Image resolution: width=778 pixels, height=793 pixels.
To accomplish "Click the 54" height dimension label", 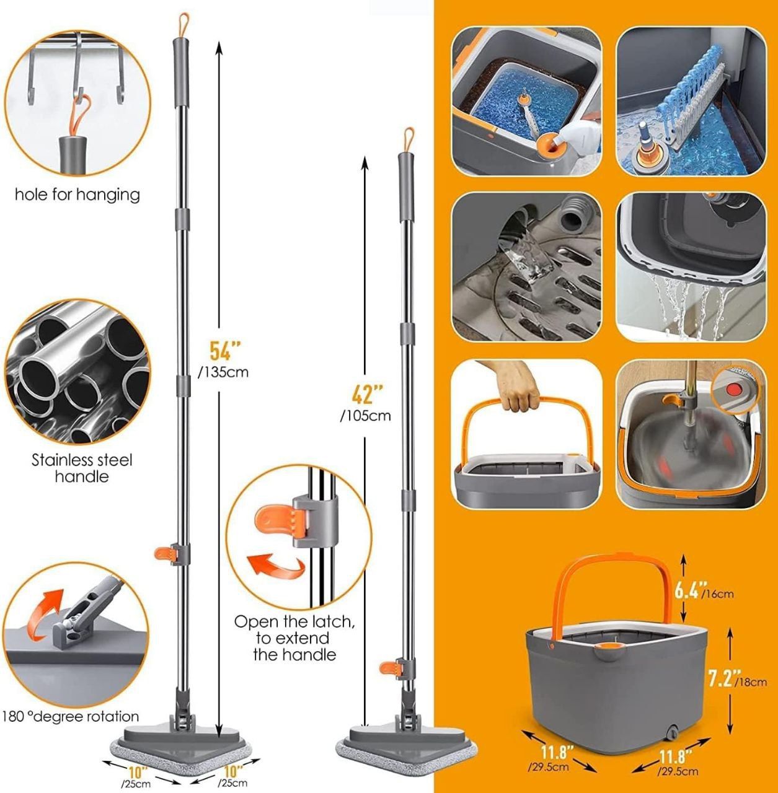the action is (x=225, y=351).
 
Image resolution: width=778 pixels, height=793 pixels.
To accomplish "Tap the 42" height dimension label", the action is (x=367, y=394).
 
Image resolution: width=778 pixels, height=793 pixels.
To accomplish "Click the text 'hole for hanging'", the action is (x=77, y=195).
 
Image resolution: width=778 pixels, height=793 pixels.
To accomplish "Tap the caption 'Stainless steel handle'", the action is (x=82, y=468).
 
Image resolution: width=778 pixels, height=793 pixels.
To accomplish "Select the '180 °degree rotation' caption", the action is (x=71, y=716).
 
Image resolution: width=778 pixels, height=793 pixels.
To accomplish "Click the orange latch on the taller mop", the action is (x=164, y=554).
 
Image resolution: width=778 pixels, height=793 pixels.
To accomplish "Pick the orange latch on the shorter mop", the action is (x=389, y=668).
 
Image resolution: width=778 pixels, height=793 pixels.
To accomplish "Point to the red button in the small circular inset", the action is (x=732, y=388).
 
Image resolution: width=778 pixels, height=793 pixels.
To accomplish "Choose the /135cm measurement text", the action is (x=223, y=373).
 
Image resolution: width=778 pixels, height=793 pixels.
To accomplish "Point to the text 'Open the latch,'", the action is (x=294, y=621).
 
